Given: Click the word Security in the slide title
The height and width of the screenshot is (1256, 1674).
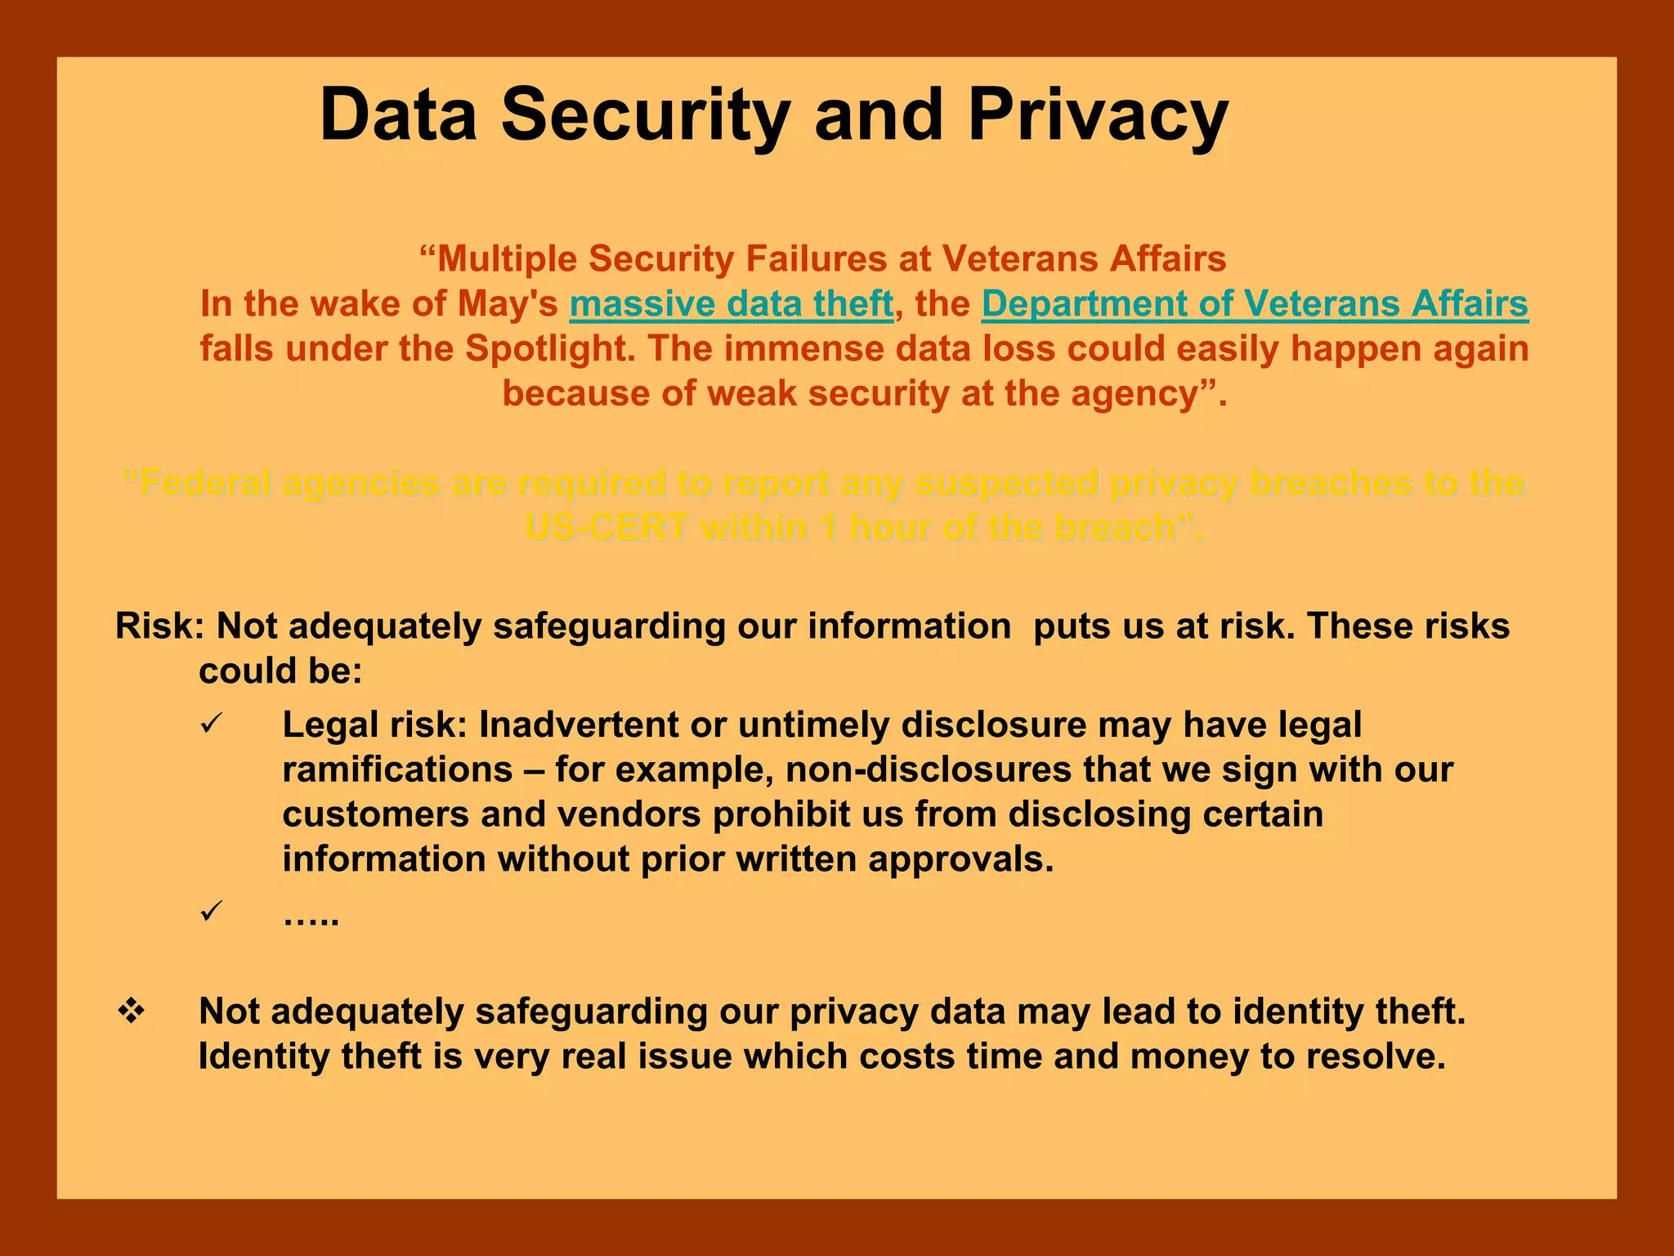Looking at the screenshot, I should click(x=646, y=116).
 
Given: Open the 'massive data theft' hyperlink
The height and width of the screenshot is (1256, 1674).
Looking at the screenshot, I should click(x=732, y=304).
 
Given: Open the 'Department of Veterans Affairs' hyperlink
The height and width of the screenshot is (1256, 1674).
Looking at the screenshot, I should click(x=1255, y=304).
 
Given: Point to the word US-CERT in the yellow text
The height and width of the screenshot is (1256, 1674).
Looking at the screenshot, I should click(x=606, y=528).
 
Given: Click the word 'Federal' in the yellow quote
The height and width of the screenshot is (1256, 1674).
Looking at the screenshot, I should click(x=205, y=483).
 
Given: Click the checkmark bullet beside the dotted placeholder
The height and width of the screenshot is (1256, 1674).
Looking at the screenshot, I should click(x=211, y=911).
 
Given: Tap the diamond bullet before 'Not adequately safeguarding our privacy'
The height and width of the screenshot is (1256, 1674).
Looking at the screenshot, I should click(x=131, y=1012).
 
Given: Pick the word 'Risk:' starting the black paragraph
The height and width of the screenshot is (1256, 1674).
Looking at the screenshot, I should click(x=159, y=626).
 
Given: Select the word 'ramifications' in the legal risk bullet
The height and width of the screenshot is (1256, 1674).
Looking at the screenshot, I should click(x=397, y=770).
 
